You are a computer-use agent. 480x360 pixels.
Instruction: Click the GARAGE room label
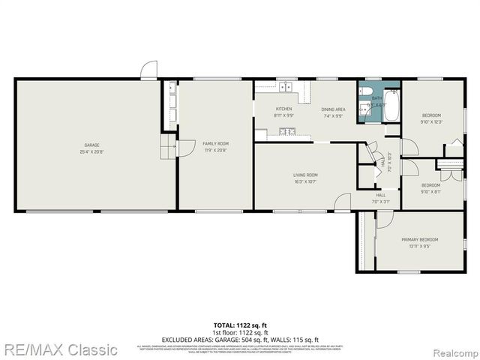[91, 145]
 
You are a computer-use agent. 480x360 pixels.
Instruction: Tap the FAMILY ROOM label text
[215, 143]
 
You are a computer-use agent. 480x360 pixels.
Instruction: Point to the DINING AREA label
[333, 109]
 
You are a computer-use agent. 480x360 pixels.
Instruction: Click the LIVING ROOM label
[305, 175]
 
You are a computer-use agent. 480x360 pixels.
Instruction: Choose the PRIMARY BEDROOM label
[418, 239]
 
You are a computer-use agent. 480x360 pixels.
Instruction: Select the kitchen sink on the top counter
[286, 88]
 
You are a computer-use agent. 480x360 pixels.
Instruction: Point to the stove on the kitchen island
[286, 133]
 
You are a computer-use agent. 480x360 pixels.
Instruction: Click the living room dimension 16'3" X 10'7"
[305, 181]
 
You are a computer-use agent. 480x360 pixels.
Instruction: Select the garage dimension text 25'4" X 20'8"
[91, 151]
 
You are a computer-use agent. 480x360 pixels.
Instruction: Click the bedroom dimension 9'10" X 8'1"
[430, 191]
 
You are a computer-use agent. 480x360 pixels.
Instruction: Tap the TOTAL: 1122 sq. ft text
[239, 325]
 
